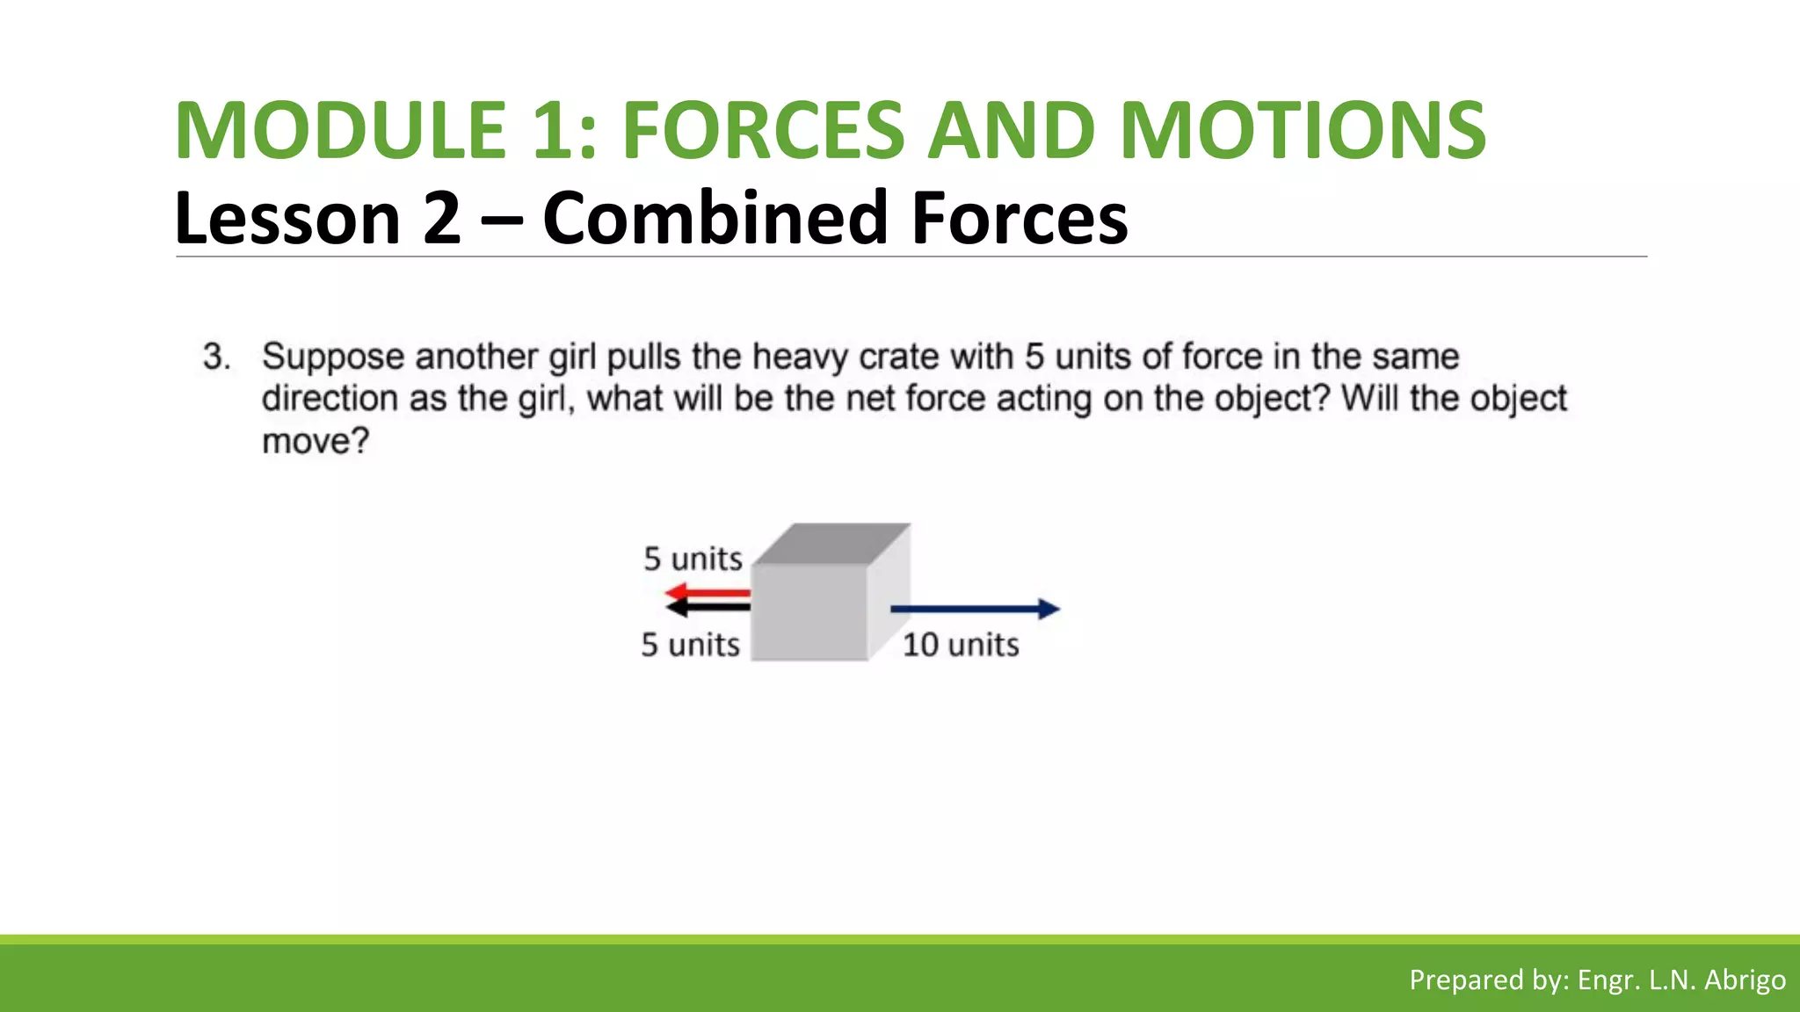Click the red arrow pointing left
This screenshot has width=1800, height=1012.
point(708,593)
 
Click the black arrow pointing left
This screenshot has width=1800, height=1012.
point(708,608)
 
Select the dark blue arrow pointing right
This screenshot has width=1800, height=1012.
point(975,609)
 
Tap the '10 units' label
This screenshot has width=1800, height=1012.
point(961,645)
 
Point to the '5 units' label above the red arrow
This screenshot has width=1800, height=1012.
point(693,559)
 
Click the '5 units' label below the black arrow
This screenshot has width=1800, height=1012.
point(690,645)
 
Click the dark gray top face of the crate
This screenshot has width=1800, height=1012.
point(831,544)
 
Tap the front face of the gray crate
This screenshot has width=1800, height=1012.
point(809,611)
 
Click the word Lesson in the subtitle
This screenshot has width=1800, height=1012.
point(288,218)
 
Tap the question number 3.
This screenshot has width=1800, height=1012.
point(216,357)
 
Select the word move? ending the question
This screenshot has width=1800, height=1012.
point(316,440)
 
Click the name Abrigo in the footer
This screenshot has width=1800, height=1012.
point(1745,979)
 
